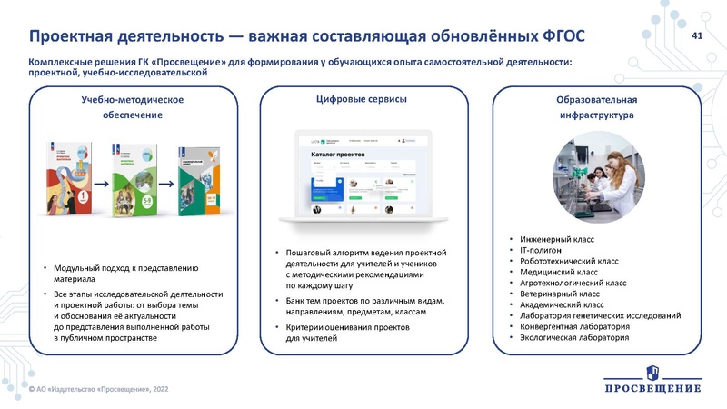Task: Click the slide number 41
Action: (698, 35)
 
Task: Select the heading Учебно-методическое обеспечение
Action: (126, 106)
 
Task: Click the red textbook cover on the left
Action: (71, 181)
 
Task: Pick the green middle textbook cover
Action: (134, 182)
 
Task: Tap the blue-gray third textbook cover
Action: (197, 182)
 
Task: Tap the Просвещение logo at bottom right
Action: (652, 379)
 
